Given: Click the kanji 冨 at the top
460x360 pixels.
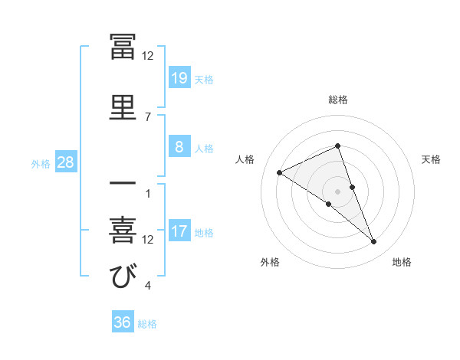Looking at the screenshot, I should (123, 47).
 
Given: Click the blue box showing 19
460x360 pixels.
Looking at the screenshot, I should (179, 77).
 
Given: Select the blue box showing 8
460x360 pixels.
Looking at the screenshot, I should (179, 147).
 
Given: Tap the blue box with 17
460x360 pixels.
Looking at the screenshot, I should (179, 231).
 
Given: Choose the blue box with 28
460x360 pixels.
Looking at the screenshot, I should (66, 162).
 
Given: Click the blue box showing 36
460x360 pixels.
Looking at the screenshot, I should (123, 322).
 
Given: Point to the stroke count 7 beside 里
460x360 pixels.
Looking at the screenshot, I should (147, 116).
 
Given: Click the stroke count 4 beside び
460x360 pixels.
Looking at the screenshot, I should (147, 286).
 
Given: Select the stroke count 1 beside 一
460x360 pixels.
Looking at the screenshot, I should (147, 193).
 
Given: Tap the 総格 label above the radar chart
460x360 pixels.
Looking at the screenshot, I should (338, 100).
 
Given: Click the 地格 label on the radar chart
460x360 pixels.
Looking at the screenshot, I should (402, 262).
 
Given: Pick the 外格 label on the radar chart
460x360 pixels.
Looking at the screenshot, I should (270, 262).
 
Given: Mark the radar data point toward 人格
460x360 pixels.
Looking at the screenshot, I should (280, 173).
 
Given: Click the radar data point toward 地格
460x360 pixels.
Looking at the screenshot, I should (374, 242).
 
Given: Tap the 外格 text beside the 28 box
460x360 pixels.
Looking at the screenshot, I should (41, 163).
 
